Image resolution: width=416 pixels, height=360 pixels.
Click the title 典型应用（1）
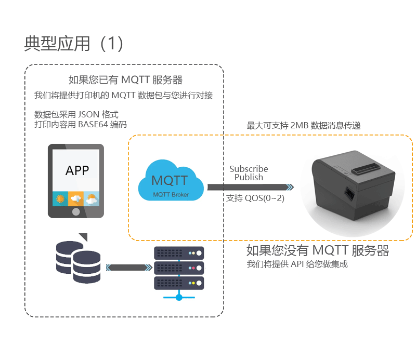pos(74,44)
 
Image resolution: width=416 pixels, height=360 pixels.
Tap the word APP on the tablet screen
pos(77,170)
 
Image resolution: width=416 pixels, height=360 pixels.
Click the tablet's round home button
pos(76,211)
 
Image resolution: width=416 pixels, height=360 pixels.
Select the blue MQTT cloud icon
pos(171,180)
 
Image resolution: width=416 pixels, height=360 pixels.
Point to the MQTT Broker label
pos(171,195)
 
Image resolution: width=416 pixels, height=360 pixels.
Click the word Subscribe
pos(249,169)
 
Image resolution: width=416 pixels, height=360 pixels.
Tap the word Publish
pos(249,177)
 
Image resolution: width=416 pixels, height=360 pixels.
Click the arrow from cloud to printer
pos(251,187)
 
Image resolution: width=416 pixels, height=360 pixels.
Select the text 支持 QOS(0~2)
pos(255,198)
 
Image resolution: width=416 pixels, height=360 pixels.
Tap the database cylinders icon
pos(79,262)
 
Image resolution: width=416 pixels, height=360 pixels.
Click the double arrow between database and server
pos(129,268)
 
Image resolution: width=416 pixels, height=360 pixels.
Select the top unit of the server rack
pos(179,253)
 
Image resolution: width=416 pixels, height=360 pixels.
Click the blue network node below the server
pos(179,298)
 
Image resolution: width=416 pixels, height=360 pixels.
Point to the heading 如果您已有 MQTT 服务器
pos(125,80)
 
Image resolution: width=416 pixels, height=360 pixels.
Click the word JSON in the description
pos(88,114)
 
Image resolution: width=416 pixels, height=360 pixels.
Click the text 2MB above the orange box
pos(300,125)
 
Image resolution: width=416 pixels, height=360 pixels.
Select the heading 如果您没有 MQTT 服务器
pos(318,250)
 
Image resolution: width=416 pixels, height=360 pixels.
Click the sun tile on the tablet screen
pos(60,198)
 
